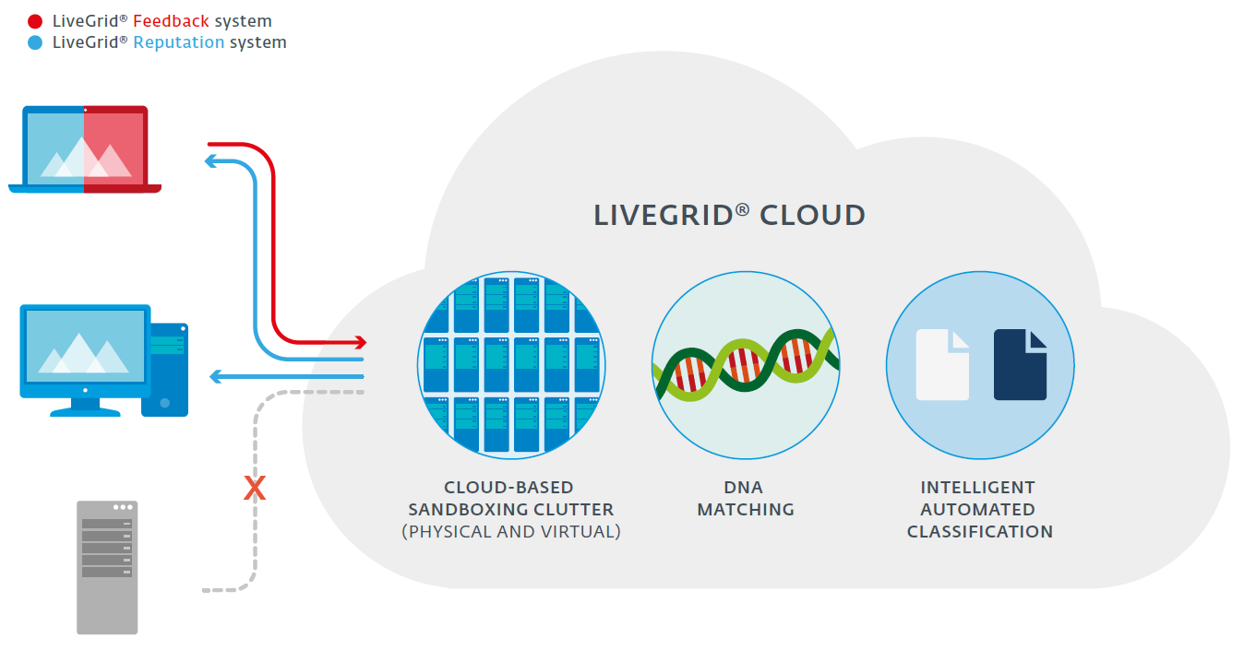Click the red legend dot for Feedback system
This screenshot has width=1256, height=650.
tap(35, 21)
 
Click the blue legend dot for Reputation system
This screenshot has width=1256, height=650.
tap(35, 42)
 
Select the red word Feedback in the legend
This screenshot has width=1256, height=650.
tap(171, 21)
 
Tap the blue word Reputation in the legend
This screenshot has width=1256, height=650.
tap(179, 42)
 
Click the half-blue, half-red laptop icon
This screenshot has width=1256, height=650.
tap(85, 149)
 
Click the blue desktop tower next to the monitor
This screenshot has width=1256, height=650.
tap(165, 370)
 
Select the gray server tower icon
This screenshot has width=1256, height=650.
tap(107, 567)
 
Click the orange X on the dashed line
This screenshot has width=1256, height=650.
tap(255, 488)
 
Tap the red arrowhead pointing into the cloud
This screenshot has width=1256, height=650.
tap(361, 342)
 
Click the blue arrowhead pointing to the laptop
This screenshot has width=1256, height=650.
tap(211, 161)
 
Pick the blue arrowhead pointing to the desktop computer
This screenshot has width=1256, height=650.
tap(217, 376)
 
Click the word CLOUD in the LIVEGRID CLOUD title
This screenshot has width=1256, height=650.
tap(812, 216)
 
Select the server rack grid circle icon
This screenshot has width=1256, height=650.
tap(511, 365)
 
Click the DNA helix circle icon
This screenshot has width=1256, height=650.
tap(746, 365)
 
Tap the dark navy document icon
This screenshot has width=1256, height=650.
tap(1020, 364)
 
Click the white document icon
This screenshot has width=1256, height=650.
tap(942, 364)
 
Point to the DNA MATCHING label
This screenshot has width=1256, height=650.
tap(745, 498)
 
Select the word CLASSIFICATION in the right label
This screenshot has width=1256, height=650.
tap(979, 531)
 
